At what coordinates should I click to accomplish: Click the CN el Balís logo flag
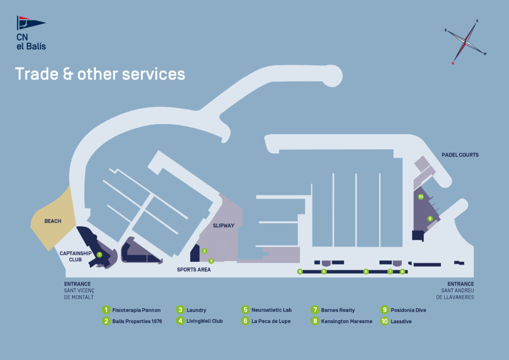pos(30,23)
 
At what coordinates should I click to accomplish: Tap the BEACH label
pos(53,221)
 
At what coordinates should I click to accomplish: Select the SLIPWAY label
pos(224,225)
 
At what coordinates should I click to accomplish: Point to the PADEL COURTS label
pos(460,155)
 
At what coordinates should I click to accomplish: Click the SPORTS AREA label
pos(194,270)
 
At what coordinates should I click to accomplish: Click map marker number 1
pos(99,254)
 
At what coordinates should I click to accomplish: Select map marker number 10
pos(421,197)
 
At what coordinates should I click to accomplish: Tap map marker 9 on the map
pos(430,218)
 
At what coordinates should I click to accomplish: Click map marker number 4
pos(300,271)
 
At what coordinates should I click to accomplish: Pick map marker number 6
pos(366,271)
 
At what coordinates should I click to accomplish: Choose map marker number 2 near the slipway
pos(204,251)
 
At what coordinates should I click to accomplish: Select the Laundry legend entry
pos(196,310)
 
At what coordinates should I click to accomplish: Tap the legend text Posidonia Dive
pos(408,310)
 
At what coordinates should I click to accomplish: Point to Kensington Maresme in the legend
pos(347,321)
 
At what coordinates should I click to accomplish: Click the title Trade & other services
pos(100,74)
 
